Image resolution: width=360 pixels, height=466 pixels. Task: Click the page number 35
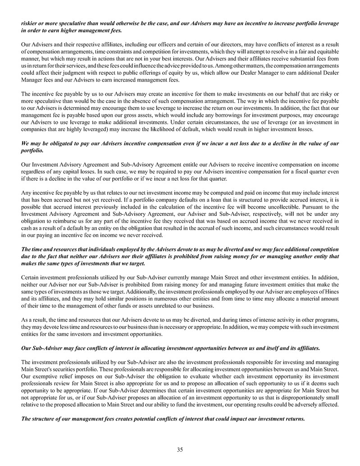pos(180,449)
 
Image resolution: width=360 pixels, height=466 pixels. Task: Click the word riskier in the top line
pos(30,23)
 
